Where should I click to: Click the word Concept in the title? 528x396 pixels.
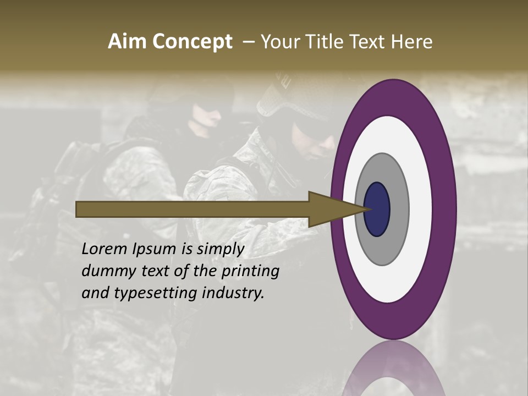tap(191, 42)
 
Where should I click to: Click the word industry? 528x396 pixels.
tap(233, 293)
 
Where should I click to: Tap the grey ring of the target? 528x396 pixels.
tap(399, 209)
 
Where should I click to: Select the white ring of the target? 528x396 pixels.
tap(421, 209)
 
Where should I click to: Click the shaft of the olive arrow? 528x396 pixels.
tap(193, 209)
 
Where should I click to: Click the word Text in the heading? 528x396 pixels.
tap(369, 42)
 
